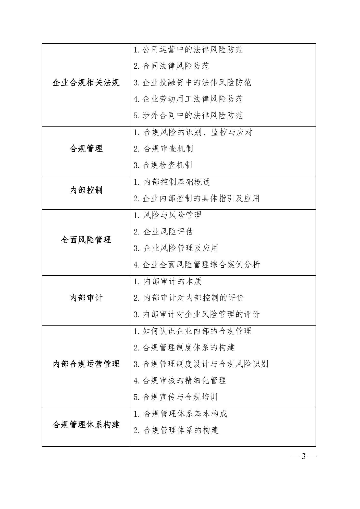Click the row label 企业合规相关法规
coord(86,83)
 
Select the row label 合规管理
coord(86,148)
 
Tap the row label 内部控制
coord(86,190)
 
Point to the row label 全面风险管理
coord(86,240)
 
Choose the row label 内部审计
coord(86,298)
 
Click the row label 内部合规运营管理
coord(86,364)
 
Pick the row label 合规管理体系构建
coord(86,425)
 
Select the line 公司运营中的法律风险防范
coord(188,49)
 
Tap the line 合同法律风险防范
coord(171,66)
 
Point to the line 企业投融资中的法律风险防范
coord(192,82)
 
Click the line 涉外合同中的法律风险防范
coord(188,116)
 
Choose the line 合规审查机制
coord(163,148)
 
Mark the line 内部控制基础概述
coord(172,182)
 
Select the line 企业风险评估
coord(163,232)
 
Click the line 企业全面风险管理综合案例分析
coord(197,265)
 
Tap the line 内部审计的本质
coord(168,281)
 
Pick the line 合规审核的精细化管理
coord(180,380)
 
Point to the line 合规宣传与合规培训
coord(176,397)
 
